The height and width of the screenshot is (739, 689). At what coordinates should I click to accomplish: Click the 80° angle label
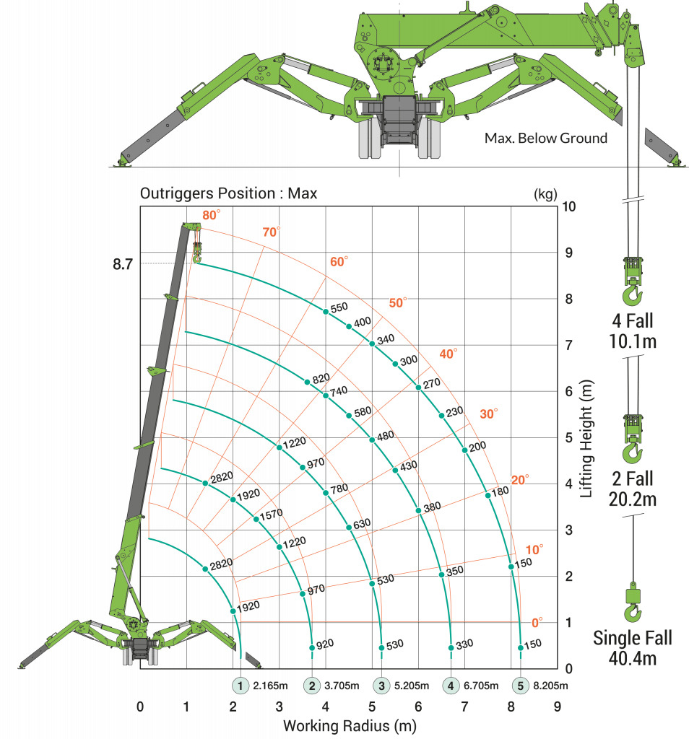212,215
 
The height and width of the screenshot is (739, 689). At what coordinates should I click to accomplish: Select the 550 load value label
339,307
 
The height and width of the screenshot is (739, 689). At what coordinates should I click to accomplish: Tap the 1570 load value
271,514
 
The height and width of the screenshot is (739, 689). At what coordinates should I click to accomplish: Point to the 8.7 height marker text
123,264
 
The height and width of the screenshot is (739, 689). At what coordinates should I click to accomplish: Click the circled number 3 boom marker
381,686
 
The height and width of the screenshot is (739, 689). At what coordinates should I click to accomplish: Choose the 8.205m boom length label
550,686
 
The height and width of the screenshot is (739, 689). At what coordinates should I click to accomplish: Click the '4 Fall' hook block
632,281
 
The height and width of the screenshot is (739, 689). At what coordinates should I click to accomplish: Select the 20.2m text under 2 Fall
633,499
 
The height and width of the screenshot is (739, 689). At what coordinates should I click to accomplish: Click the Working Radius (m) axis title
350,726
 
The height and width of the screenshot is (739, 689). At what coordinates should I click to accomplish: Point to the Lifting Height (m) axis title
586,439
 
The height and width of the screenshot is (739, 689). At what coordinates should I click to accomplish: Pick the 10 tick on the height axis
568,206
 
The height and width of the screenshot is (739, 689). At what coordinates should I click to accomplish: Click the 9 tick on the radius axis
558,707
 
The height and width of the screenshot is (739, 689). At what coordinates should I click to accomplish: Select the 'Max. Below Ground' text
545,138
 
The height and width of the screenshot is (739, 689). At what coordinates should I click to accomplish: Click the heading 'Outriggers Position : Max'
228,193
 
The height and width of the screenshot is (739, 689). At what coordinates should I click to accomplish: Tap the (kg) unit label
545,194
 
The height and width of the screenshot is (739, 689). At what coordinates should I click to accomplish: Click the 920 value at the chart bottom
325,644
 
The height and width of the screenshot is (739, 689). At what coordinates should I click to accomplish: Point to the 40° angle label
448,354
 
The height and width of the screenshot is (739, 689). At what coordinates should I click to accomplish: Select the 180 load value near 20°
500,491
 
